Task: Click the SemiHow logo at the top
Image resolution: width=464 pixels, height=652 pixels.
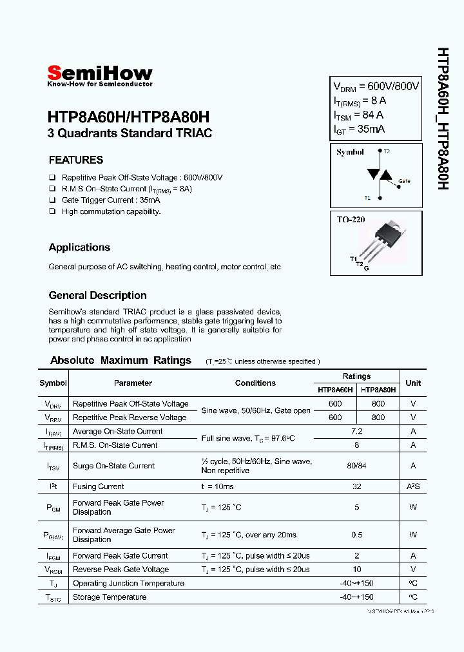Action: [100, 75]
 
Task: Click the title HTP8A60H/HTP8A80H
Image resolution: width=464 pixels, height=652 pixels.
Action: [128, 118]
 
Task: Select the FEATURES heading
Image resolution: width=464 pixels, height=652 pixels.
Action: [76, 160]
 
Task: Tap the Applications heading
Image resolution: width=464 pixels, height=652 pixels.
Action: [79, 247]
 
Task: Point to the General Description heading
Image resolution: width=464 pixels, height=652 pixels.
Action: [97, 296]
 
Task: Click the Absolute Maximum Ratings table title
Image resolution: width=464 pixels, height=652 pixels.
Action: [121, 361]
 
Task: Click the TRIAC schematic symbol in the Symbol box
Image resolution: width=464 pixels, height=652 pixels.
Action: [376, 175]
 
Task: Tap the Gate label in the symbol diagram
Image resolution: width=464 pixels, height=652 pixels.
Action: [404, 181]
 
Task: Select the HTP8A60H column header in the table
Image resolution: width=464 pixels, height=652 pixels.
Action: [335, 390]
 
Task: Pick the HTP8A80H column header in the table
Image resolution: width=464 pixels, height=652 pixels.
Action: [378, 390]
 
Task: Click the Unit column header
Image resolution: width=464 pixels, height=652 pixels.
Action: [413, 383]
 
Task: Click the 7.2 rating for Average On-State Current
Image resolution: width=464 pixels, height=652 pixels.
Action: [356, 431]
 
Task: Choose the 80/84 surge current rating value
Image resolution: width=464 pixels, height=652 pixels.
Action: [356, 466]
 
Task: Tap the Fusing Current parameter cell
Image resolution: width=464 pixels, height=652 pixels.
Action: [98, 486]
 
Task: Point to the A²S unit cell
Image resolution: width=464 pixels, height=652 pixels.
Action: [413, 486]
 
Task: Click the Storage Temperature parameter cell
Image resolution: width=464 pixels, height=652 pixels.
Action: [110, 597]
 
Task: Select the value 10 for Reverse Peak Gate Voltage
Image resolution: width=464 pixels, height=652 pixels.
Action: [356, 570]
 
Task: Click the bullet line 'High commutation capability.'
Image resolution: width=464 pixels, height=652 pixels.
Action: [111, 211]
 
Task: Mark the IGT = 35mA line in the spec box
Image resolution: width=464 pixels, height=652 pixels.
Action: [359, 129]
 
